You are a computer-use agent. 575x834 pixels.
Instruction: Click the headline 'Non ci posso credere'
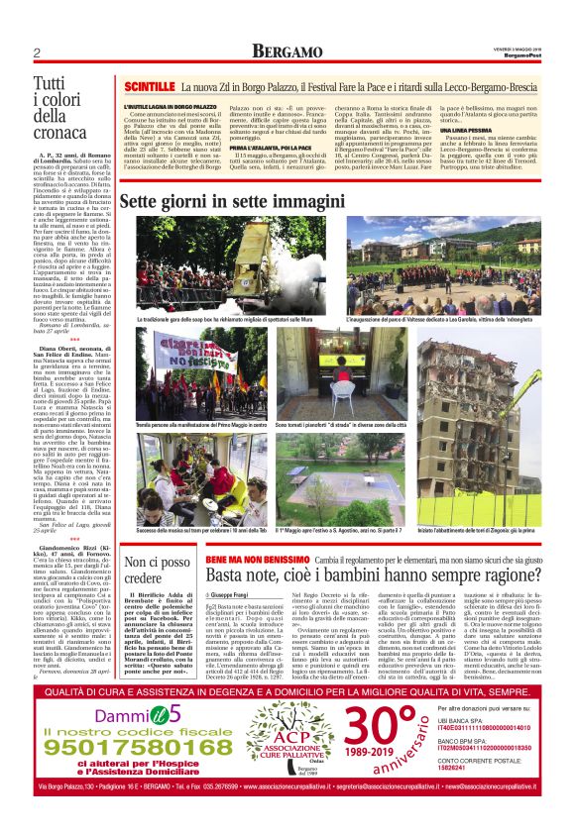pyautogui.click(x=153, y=571)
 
